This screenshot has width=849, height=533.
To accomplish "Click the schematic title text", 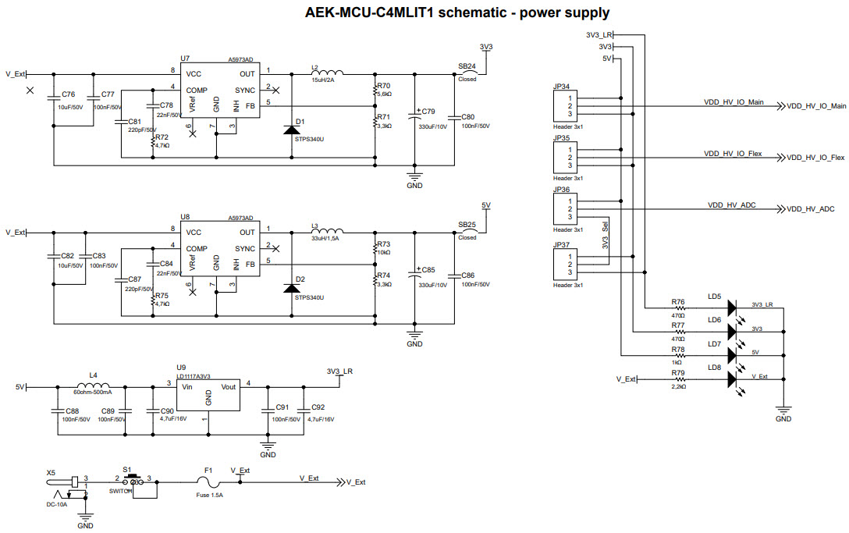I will (x=457, y=13).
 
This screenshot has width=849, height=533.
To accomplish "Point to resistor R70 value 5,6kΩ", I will (x=384, y=94).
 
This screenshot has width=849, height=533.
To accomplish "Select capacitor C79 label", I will (x=428, y=112).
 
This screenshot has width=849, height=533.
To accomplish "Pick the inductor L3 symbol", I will (x=329, y=231).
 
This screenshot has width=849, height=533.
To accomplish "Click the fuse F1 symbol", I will (x=208, y=483).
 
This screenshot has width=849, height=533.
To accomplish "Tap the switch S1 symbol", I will (x=136, y=481).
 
